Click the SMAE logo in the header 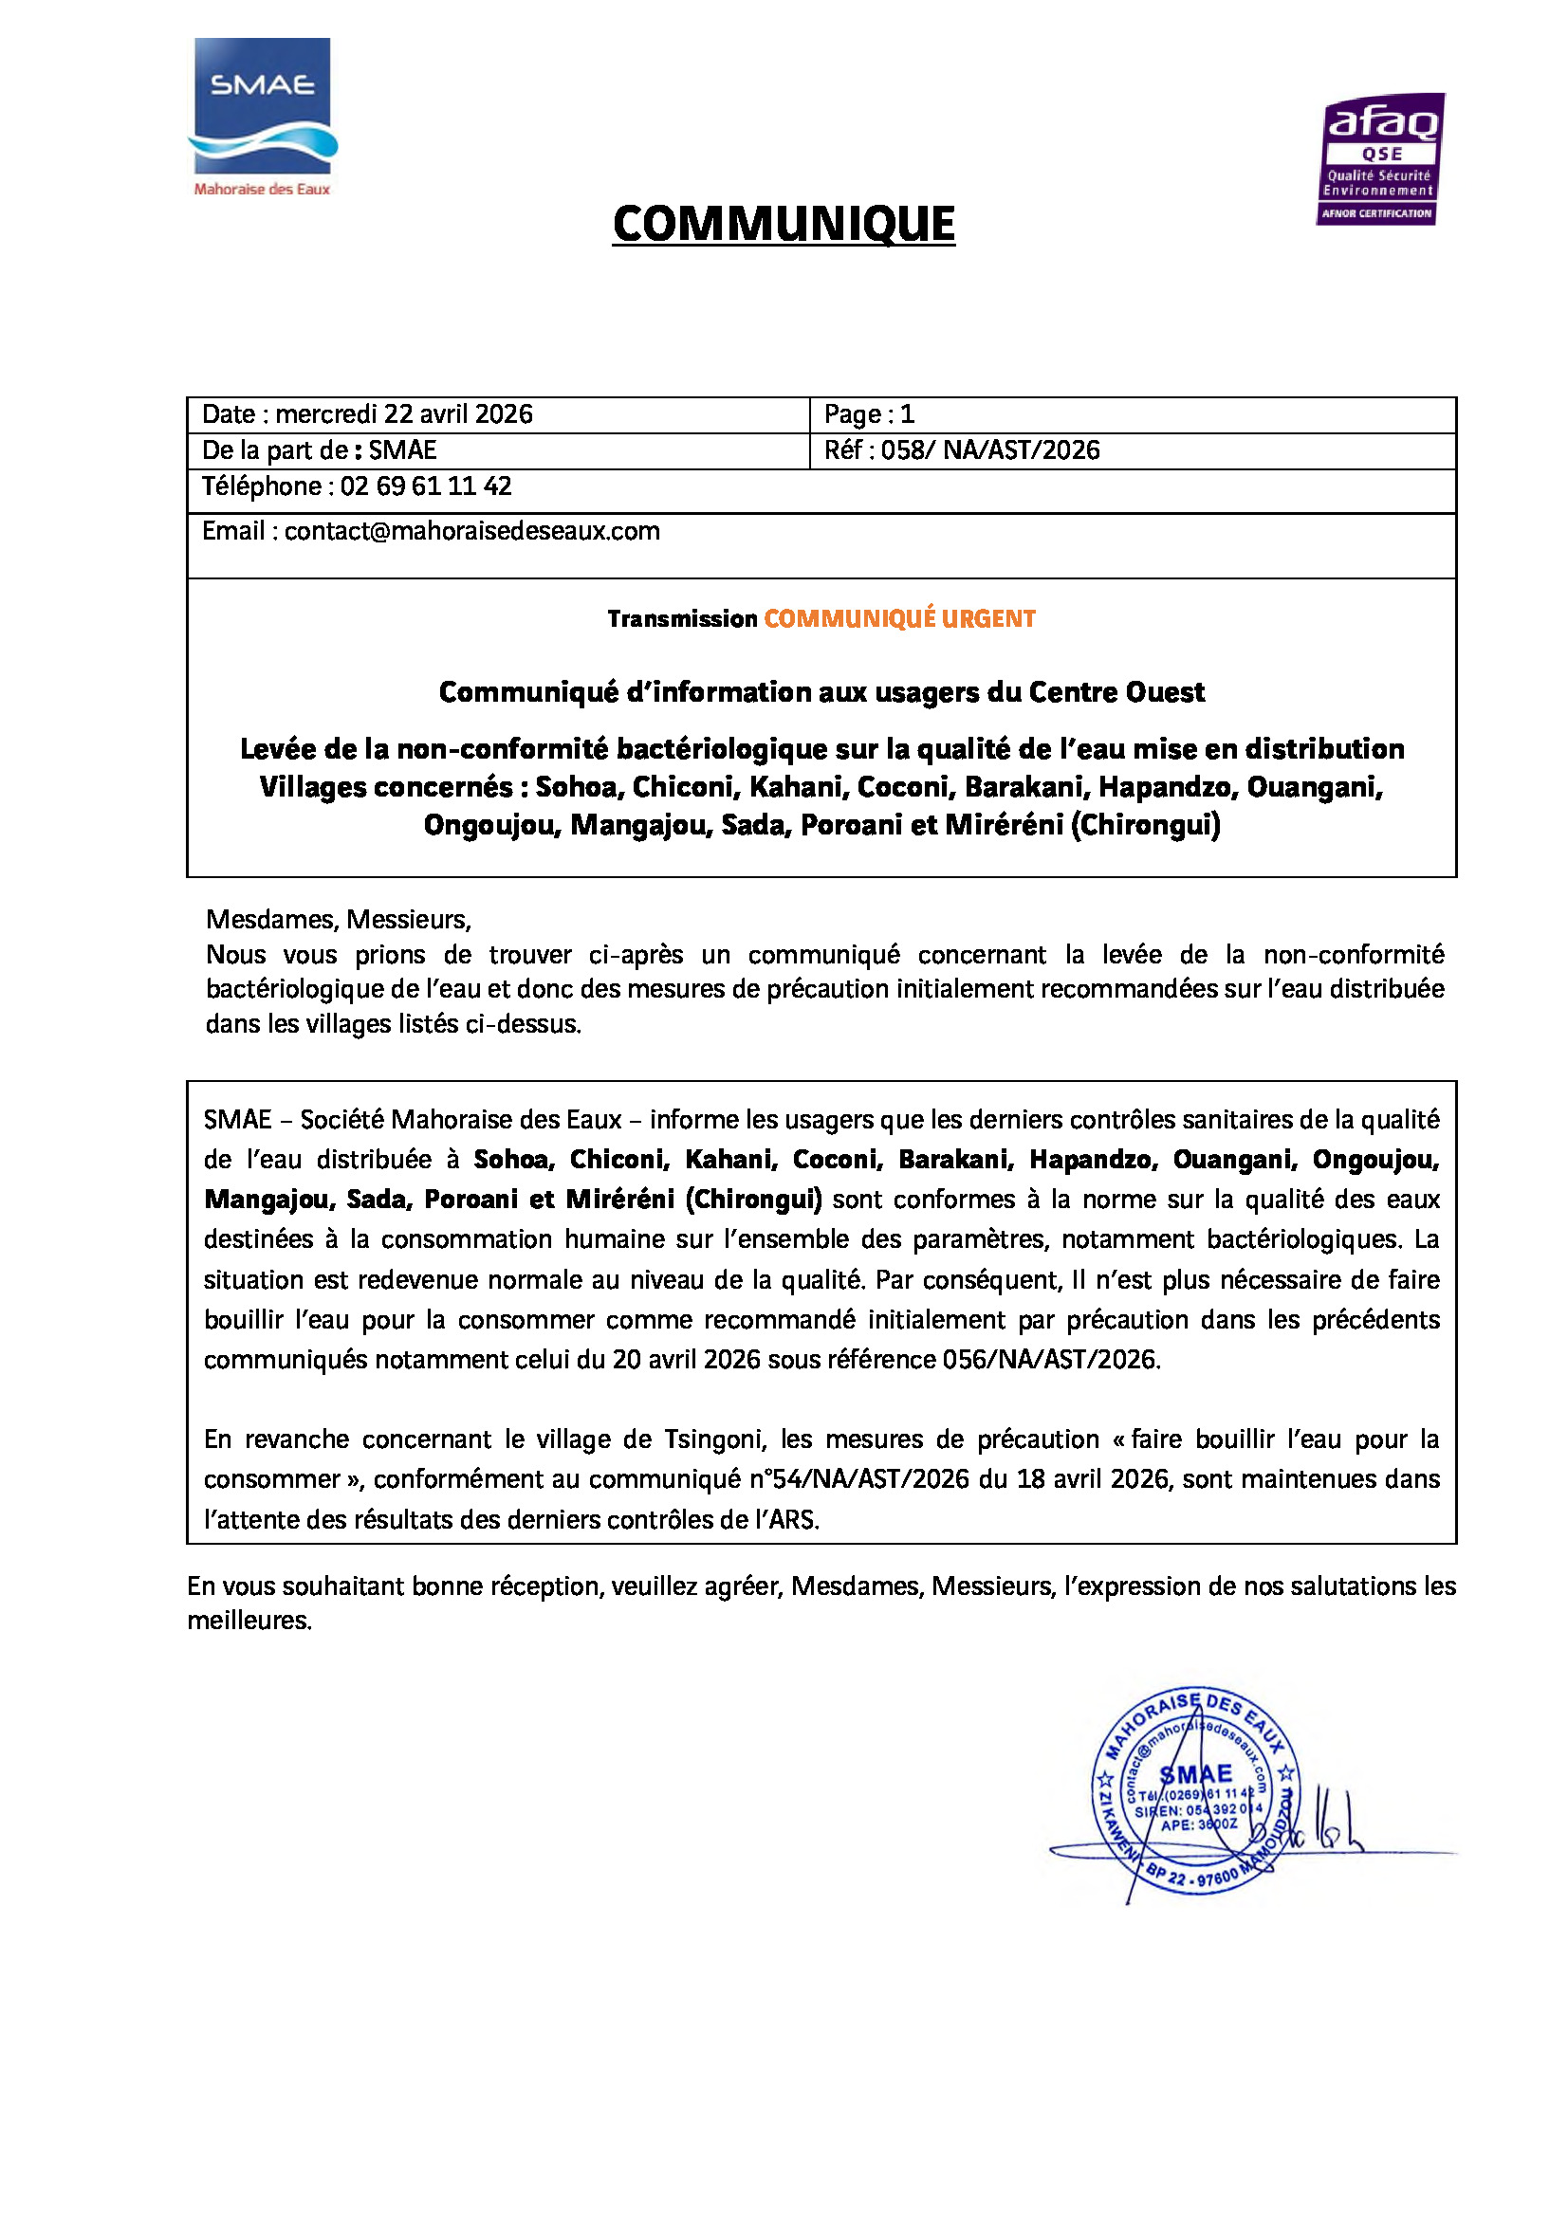(262, 106)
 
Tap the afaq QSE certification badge (1379, 159)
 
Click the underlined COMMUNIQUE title (784, 224)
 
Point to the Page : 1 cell (869, 414)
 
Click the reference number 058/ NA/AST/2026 (989, 450)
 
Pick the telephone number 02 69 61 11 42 (425, 486)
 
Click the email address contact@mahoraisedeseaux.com (471, 531)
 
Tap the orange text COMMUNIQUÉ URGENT (898, 618)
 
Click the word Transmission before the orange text (682, 618)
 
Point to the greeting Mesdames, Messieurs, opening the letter (338, 919)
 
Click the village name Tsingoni (715, 1439)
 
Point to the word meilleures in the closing (249, 1620)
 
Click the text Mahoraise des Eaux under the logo (262, 190)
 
